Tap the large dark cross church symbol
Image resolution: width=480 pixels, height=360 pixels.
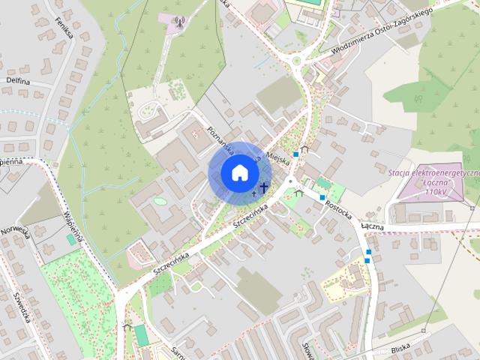click(x=264, y=187)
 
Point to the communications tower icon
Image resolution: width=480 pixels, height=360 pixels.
click(x=178, y=22)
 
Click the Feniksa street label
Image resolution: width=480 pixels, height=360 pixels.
click(x=62, y=31)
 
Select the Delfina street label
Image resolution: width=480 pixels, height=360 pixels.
click(x=19, y=80)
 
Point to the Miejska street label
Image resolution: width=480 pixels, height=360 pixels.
click(x=277, y=154)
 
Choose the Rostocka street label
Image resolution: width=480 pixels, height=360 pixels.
click(x=337, y=207)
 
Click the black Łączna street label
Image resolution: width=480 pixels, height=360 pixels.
click(x=372, y=225)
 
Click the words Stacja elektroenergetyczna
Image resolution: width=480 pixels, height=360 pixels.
click(x=434, y=172)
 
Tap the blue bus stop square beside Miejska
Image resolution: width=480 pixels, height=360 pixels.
click(x=297, y=154)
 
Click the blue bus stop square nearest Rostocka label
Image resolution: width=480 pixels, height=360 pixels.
click(x=322, y=198)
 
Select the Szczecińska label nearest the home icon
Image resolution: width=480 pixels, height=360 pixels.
click(x=250, y=214)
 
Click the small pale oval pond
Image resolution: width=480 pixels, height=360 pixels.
click(x=159, y=201)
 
